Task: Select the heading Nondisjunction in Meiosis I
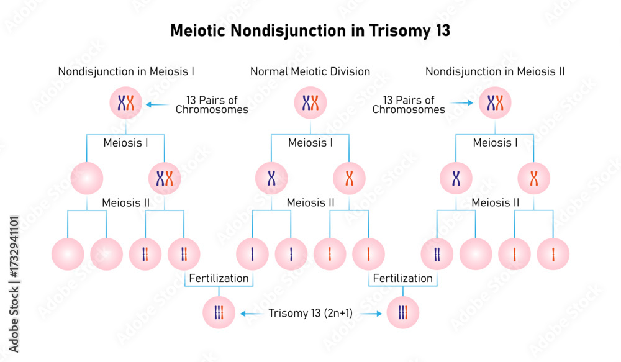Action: (126, 71)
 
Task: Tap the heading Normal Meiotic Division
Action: (310, 71)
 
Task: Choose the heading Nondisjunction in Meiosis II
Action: (495, 71)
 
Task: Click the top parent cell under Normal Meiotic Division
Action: (310, 102)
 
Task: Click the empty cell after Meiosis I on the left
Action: (88, 179)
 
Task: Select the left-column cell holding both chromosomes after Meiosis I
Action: (165, 179)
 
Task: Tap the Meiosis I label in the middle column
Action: (310, 143)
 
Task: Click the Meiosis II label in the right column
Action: (496, 202)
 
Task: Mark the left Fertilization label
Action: (219, 278)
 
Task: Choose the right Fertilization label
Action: (403, 278)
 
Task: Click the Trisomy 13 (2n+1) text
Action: (310, 314)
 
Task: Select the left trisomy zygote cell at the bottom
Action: (219, 313)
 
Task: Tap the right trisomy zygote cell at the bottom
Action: (403, 313)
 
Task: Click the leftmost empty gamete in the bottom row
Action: (68, 254)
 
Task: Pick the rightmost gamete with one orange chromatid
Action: (553, 254)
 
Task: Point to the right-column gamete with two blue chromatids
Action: (437, 254)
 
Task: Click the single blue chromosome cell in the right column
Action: (456, 179)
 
